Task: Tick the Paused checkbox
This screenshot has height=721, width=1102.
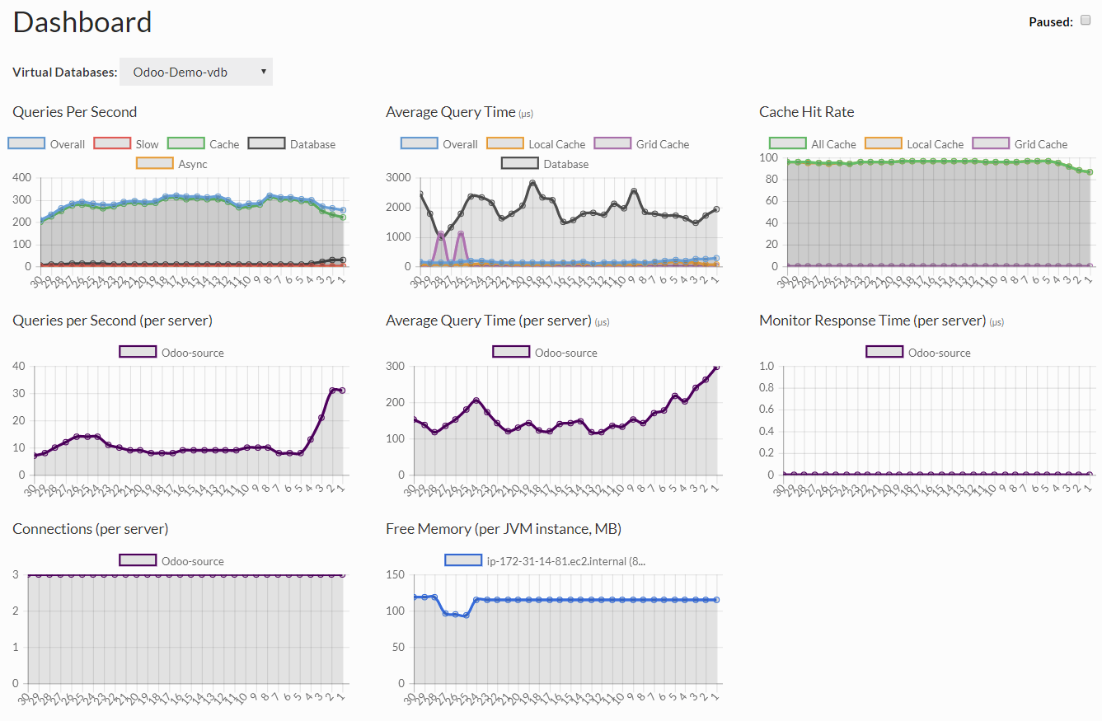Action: pyautogui.click(x=1086, y=21)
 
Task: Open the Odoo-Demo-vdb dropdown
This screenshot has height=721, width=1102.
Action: pyautogui.click(x=196, y=72)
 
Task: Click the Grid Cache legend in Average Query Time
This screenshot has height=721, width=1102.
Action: pyautogui.click(x=640, y=144)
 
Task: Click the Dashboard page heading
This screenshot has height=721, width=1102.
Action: pyautogui.click(x=82, y=22)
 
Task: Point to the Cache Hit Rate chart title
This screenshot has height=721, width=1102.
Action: pyautogui.click(x=806, y=112)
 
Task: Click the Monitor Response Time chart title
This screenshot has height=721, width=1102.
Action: pyautogui.click(x=872, y=321)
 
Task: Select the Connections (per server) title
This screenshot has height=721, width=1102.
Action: pyautogui.click(x=90, y=529)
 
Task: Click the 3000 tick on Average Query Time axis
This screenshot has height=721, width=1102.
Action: pyautogui.click(x=399, y=177)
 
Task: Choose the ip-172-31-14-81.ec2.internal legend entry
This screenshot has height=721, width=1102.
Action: pyautogui.click(x=547, y=561)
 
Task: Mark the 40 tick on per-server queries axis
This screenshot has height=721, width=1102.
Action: pyautogui.click(x=20, y=366)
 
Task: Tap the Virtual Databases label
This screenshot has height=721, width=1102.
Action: pyautogui.click(x=65, y=73)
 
